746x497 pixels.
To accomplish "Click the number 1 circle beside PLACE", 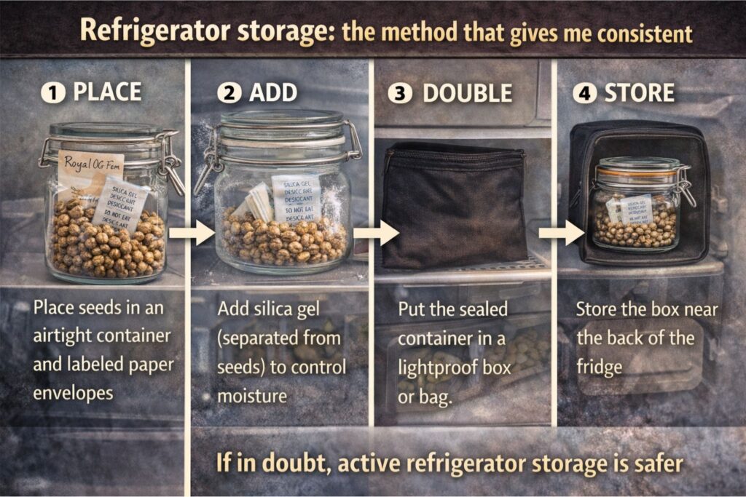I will [x=51, y=92].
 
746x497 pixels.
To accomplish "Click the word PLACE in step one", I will [x=107, y=92].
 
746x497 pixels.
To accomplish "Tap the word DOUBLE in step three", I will [x=468, y=92].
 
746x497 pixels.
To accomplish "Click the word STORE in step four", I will [x=639, y=92].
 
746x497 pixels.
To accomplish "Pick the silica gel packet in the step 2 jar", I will [x=295, y=196].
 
